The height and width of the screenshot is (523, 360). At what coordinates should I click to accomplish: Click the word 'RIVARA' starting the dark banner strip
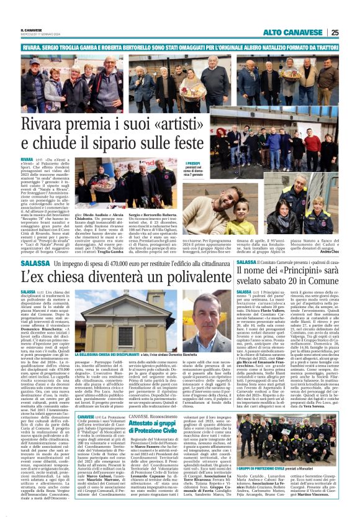point(31,47)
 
